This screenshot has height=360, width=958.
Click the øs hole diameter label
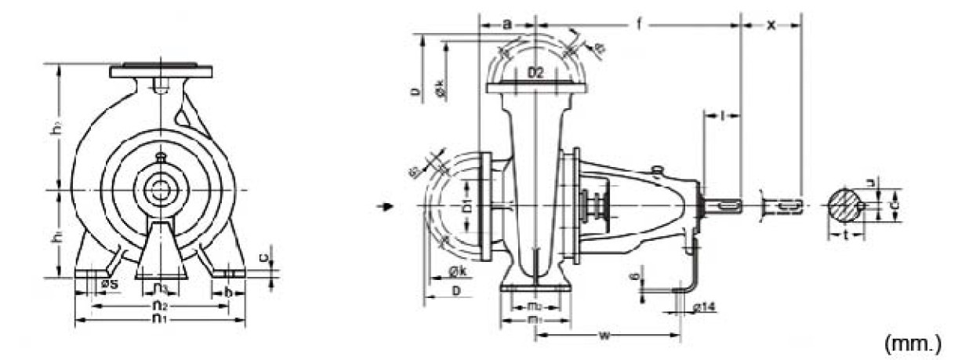(109, 283)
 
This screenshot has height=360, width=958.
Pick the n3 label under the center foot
(160, 288)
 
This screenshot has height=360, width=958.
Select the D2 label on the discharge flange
(535, 74)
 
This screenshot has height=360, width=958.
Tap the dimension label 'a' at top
(506, 24)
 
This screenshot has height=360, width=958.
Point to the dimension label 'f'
(639, 24)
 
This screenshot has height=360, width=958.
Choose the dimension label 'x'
(771, 24)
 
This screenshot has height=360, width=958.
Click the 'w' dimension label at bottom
(604, 336)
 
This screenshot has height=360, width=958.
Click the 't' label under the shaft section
(846, 234)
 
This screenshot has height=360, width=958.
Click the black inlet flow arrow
(383, 207)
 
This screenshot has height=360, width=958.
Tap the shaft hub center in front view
(161, 190)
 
